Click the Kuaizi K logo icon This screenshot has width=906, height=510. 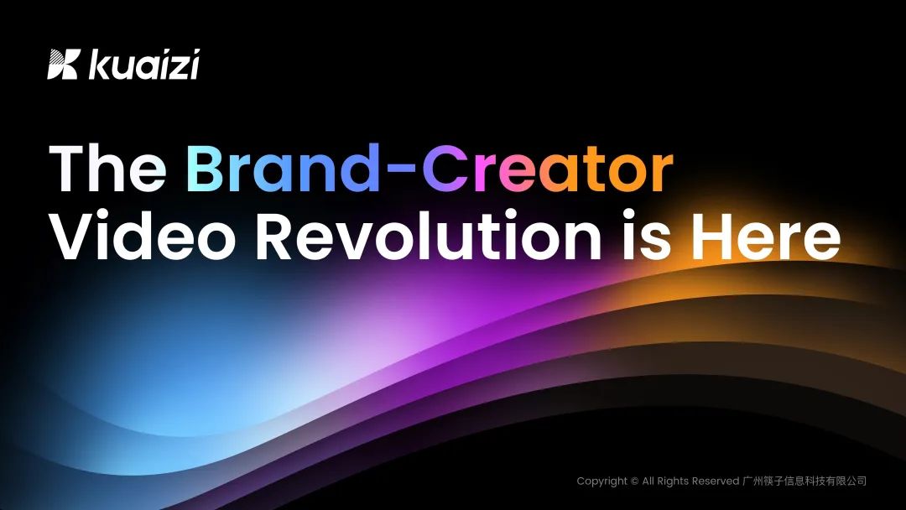62,64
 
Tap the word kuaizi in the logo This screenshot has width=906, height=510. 144,64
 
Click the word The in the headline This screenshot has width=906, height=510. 107,168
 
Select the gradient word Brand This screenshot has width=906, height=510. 283,168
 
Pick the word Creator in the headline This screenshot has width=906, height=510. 547,168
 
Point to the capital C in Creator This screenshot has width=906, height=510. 445,168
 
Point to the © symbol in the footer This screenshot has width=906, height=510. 634,481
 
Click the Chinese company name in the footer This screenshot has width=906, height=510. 804,481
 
